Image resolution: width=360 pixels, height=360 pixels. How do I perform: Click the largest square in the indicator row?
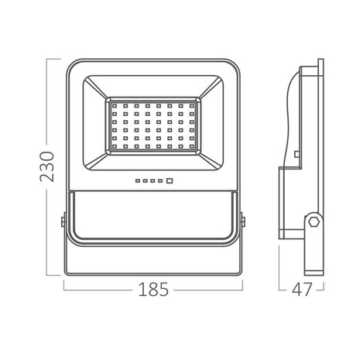pos(166,183)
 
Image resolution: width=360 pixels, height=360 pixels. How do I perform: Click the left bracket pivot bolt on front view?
pos(61,223)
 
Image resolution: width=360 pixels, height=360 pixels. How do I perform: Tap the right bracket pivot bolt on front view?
pos(243,223)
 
